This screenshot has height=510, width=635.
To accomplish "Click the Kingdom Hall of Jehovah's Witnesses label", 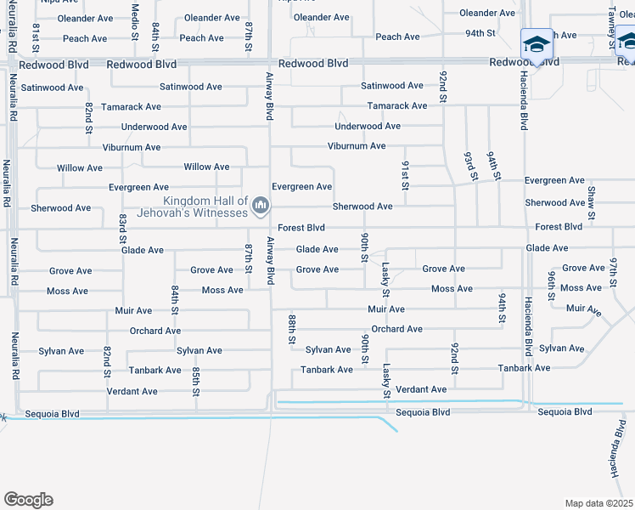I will tap(193, 207).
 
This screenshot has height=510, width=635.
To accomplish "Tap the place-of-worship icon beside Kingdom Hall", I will tap(261, 205).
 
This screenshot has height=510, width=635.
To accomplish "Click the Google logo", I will tap(28, 500).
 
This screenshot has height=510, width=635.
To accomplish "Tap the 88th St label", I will tap(291, 327).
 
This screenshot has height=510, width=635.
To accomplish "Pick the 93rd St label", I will tap(469, 166).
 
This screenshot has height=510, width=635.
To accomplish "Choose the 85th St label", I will tap(195, 380).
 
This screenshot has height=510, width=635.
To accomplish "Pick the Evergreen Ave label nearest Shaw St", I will tap(554, 181).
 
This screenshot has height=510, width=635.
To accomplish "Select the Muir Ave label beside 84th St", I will tap(133, 311).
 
